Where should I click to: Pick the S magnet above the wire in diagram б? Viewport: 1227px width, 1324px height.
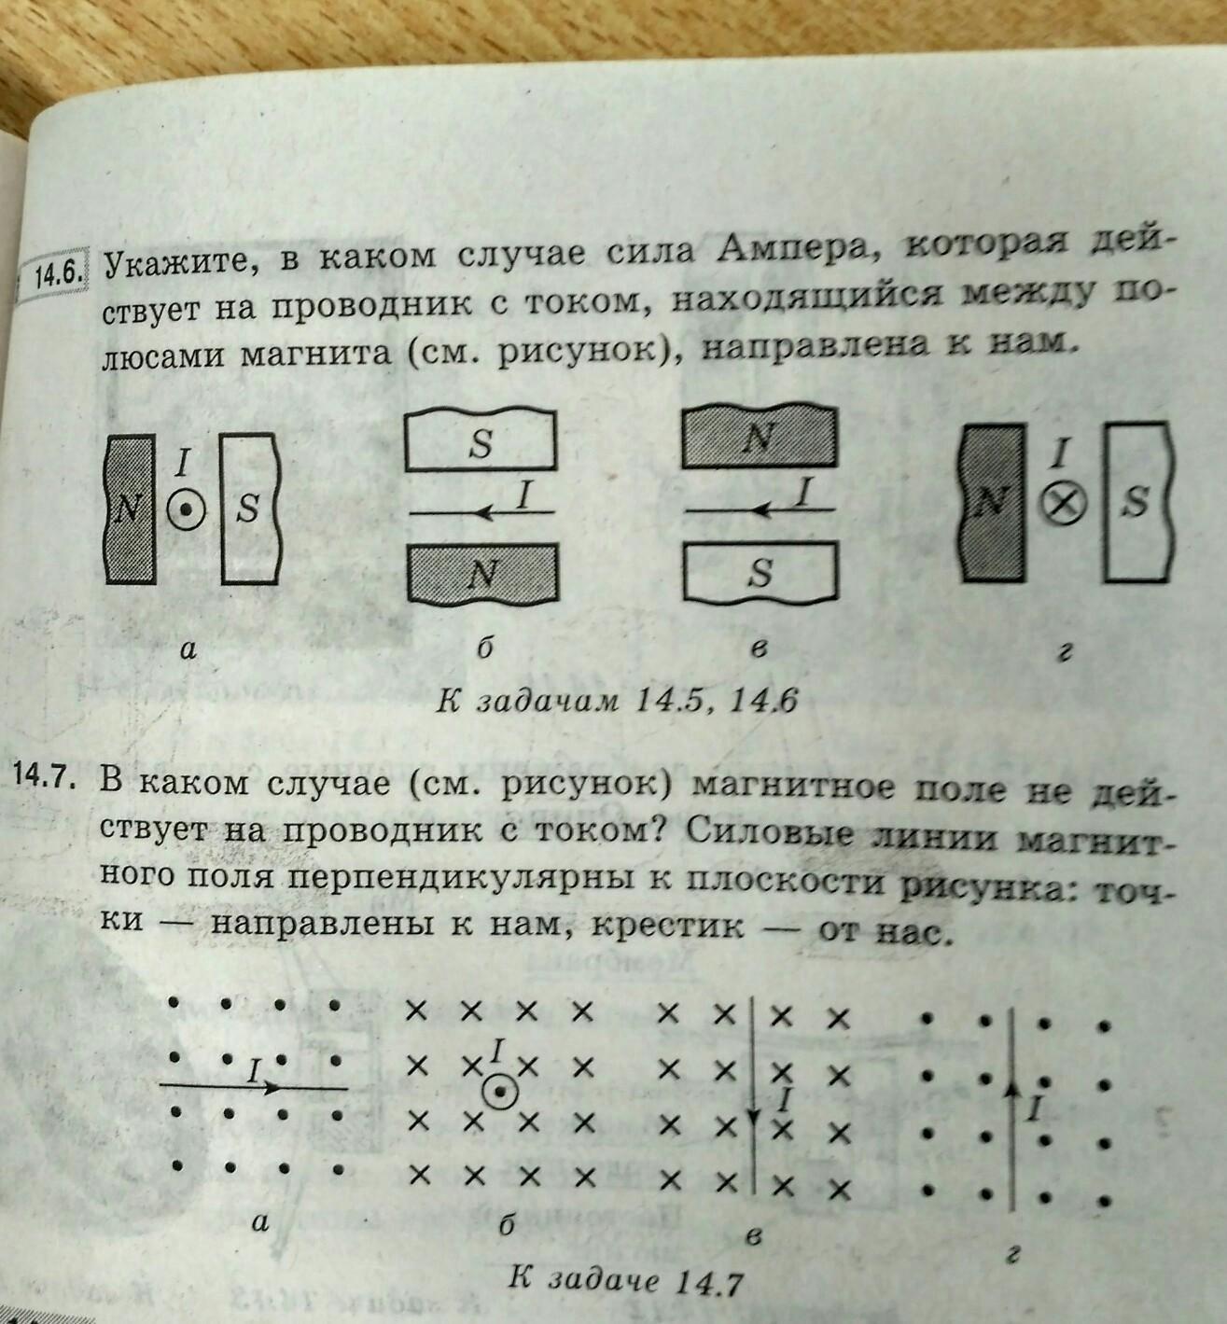point(480,442)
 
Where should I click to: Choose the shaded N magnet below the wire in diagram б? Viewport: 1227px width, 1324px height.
point(482,573)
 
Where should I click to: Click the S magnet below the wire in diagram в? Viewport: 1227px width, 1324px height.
point(760,572)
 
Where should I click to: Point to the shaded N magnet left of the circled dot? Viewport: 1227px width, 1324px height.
point(129,509)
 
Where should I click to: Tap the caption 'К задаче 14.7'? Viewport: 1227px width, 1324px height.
point(624,1279)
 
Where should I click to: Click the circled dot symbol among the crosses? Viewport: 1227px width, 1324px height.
point(500,1093)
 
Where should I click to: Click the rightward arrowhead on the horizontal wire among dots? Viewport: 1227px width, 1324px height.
point(272,1087)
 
